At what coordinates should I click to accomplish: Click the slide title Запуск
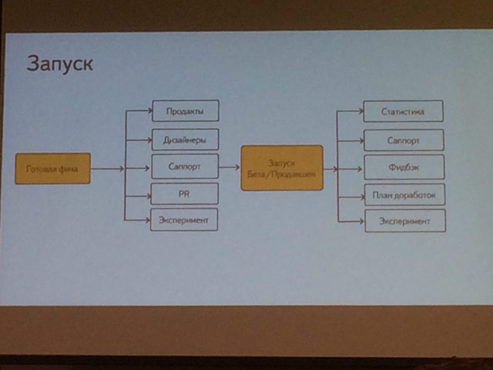point(60,64)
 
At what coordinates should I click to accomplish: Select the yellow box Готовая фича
point(53,168)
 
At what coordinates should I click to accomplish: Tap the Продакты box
point(185,111)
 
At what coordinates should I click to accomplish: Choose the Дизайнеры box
point(185,140)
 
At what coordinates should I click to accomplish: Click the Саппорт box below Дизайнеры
point(185,166)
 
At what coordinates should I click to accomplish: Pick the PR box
point(184,194)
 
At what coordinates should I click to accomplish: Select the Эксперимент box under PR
point(184,220)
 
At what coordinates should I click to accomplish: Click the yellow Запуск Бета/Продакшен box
point(282,168)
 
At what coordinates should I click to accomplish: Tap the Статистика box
point(403,111)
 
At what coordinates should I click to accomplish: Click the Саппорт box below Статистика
point(404,140)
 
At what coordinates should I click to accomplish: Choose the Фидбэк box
point(404,167)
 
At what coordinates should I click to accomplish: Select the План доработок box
point(404,195)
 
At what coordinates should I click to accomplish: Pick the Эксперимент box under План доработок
point(405,221)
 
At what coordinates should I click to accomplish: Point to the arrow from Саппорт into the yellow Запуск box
point(229,167)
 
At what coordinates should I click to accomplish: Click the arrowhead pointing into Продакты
point(150,111)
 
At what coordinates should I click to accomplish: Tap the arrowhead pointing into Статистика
point(361,111)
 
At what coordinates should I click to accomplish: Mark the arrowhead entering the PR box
point(148,196)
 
